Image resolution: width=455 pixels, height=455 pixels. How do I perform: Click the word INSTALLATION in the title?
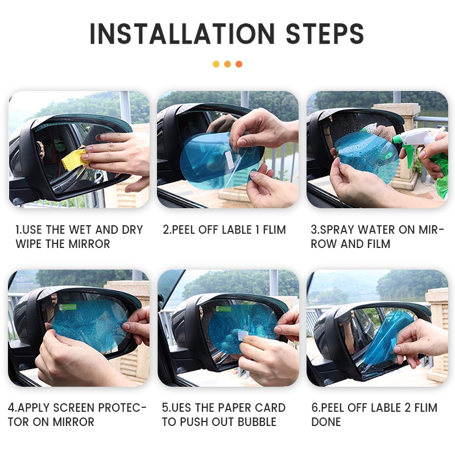(x=182, y=34)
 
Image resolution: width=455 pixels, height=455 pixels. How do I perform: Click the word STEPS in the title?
(x=325, y=34)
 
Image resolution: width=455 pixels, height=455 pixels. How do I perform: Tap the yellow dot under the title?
(x=216, y=64)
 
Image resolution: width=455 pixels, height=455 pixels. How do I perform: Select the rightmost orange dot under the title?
(x=239, y=64)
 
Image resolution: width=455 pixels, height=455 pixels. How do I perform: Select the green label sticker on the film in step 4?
(x=68, y=307)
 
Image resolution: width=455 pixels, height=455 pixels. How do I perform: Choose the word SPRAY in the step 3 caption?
(x=337, y=230)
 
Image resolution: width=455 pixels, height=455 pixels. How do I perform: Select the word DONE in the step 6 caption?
(x=326, y=422)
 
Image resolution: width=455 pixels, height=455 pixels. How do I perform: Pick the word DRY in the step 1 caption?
(x=133, y=230)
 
